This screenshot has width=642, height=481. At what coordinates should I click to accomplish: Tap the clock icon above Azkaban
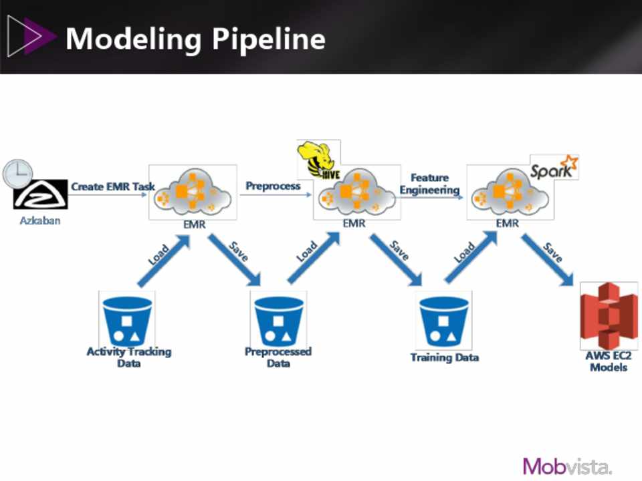click(x=17, y=173)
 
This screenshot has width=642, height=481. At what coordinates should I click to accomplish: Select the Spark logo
click(x=553, y=168)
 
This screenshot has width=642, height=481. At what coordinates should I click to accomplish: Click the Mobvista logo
click(x=567, y=466)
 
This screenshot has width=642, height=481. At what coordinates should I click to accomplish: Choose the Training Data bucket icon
click(x=443, y=319)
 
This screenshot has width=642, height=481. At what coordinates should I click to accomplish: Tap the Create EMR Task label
click(x=112, y=186)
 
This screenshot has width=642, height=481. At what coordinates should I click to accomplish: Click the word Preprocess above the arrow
click(x=273, y=186)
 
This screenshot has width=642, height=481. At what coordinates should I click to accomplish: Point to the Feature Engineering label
click(x=429, y=184)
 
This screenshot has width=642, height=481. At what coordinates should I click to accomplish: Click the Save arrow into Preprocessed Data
click(x=236, y=257)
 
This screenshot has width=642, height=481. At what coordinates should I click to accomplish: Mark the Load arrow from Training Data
click(x=470, y=259)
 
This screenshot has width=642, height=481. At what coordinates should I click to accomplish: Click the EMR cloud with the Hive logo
click(x=354, y=194)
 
